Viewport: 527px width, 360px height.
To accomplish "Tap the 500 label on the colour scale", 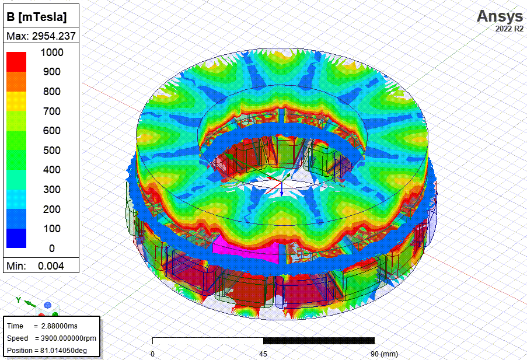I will pyautogui.click(x=51, y=150).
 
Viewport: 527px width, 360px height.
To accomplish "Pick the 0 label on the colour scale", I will pyautogui.click(x=51, y=248).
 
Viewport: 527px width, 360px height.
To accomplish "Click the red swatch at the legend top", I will pyautogui.click(x=16, y=61).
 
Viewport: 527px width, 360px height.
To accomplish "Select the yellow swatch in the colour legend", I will pyautogui.click(x=16, y=101).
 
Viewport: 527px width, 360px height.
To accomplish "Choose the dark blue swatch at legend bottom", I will pyautogui.click(x=16, y=237).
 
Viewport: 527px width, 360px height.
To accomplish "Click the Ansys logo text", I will pyautogui.click(x=500, y=15).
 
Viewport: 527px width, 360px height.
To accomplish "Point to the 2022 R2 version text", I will pyautogui.click(x=509, y=28).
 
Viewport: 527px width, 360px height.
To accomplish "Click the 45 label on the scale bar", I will pyautogui.click(x=263, y=354).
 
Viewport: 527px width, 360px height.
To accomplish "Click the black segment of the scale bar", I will pyautogui.click(x=319, y=341).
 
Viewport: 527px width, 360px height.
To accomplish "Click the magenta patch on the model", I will pyautogui.click(x=245, y=250).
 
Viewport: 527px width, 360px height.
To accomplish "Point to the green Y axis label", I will pyautogui.click(x=19, y=300).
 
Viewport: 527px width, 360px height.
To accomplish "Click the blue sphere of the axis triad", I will pyautogui.click(x=48, y=306).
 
